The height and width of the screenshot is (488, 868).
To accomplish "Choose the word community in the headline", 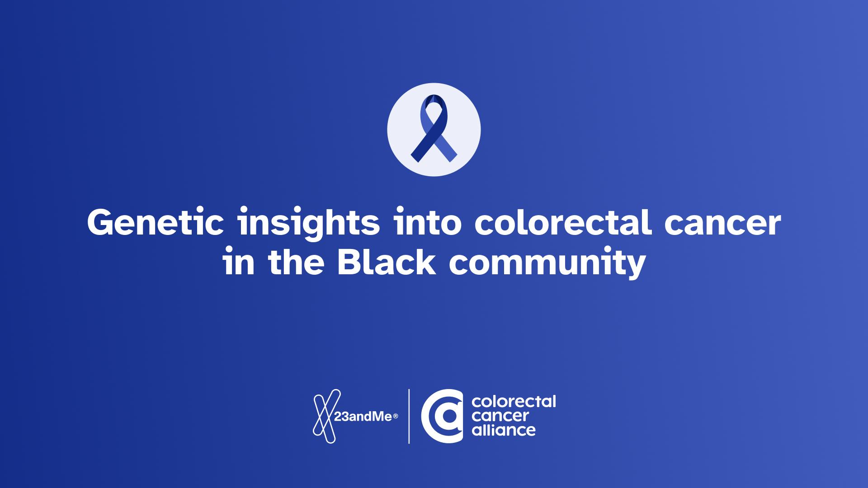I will pos(546,264).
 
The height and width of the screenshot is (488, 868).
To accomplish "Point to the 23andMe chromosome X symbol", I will pos(324,416).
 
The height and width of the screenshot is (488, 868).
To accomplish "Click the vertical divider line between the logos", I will pos(409,416).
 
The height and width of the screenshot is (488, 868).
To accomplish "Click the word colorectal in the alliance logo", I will pos(514,401).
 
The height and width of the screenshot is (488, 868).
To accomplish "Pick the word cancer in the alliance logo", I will pos(500,415).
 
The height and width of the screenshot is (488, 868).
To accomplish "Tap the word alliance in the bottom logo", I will pos(503,429).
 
